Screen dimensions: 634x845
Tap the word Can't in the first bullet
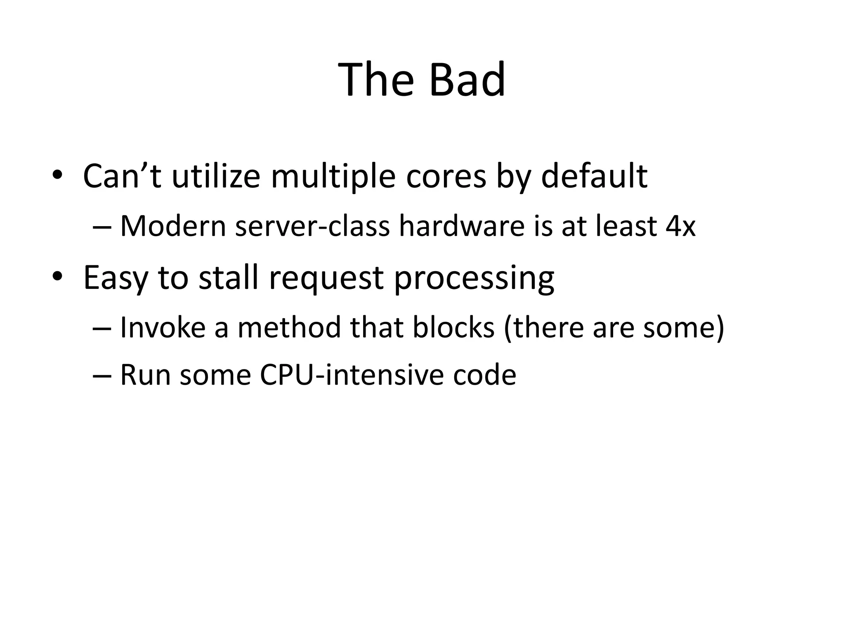(122, 176)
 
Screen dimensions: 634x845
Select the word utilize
(216, 176)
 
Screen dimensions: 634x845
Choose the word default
(594, 176)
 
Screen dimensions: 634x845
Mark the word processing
(474, 278)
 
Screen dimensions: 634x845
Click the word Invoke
(163, 327)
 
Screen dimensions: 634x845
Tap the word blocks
(453, 327)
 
